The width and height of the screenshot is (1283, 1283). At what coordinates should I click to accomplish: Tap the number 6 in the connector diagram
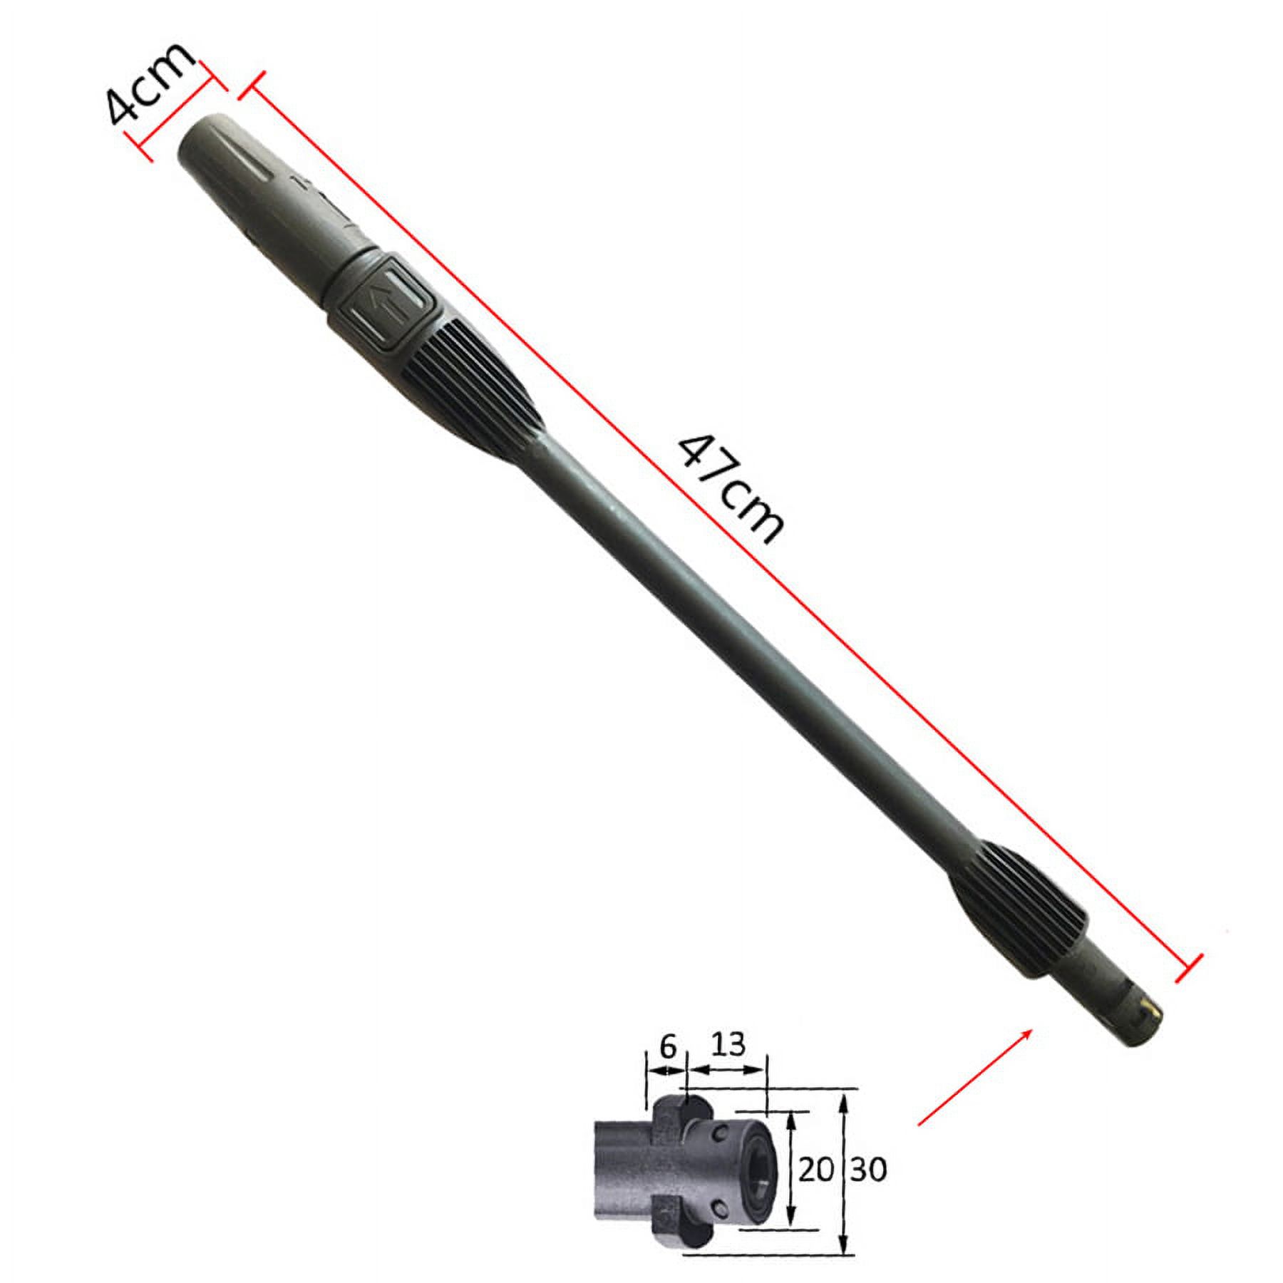pos(666,1047)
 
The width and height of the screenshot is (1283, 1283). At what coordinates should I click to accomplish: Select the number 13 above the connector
pos(728,1045)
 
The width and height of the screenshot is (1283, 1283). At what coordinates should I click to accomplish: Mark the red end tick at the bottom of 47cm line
pos(1189,967)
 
